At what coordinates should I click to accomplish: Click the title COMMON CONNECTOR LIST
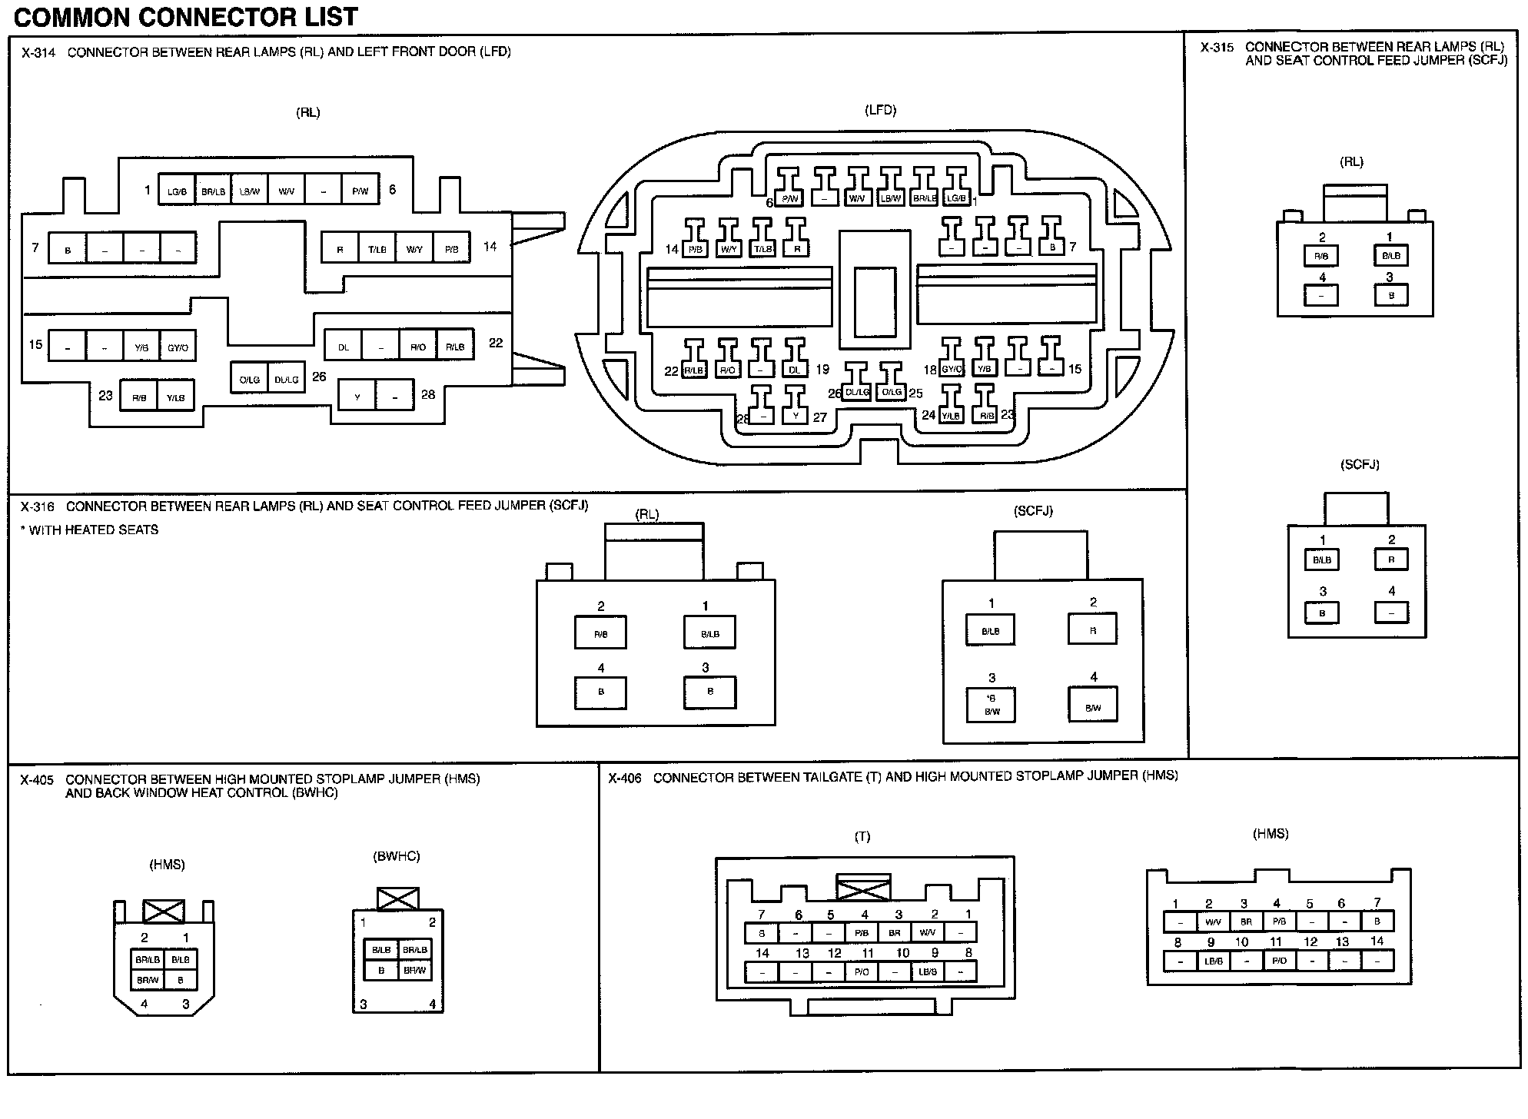click(x=186, y=16)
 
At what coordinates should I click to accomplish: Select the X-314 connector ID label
click(x=38, y=53)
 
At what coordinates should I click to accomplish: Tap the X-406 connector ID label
click(x=624, y=779)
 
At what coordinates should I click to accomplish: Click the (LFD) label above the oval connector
click(x=880, y=110)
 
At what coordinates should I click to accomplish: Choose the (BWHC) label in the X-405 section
click(x=397, y=856)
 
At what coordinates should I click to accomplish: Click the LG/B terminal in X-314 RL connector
click(x=177, y=191)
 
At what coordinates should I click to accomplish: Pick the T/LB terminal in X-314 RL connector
click(x=377, y=249)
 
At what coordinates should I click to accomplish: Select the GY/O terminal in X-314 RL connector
click(x=178, y=347)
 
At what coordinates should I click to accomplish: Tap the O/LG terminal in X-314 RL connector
click(x=249, y=379)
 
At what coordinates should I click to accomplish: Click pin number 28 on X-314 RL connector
click(x=428, y=395)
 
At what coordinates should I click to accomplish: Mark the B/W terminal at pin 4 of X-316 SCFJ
click(x=1093, y=707)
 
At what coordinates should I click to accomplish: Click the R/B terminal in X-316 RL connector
click(x=600, y=634)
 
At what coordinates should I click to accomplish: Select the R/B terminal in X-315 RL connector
click(x=1321, y=256)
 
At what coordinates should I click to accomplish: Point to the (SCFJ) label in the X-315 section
click(x=1360, y=464)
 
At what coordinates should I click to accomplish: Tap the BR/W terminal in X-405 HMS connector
click(x=148, y=980)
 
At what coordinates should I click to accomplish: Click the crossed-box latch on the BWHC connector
click(x=397, y=898)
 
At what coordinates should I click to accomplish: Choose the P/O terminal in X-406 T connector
click(x=862, y=972)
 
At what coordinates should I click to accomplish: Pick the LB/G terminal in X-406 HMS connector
click(x=1214, y=961)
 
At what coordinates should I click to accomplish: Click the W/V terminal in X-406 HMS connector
click(x=1213, y=921)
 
